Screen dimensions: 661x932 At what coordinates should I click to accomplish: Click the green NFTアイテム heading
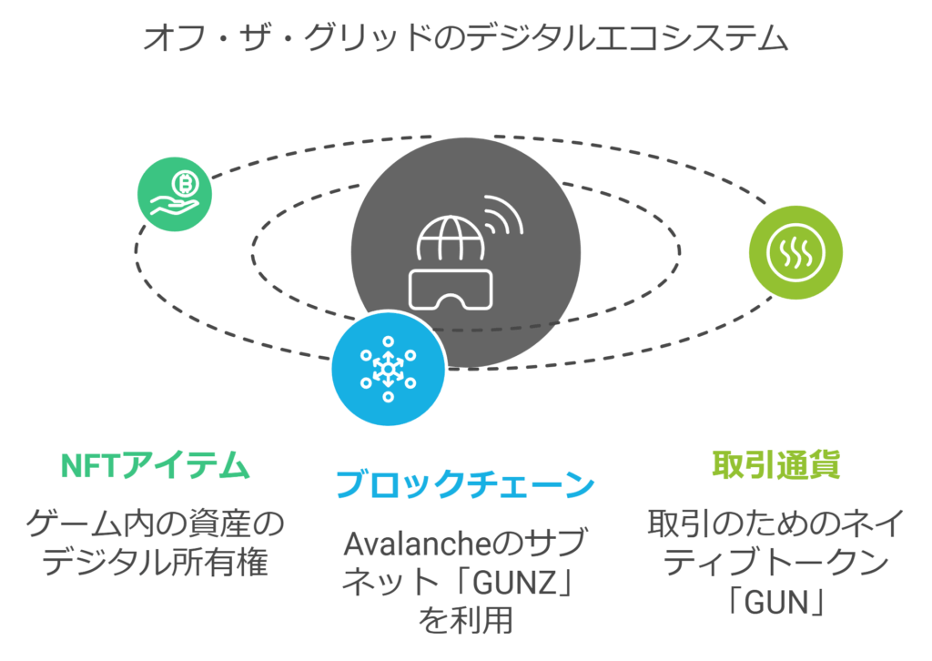pyautogui.click(x=155, y=466)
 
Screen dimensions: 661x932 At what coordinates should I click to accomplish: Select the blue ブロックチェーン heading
pyautogui.click(x=465, y=484)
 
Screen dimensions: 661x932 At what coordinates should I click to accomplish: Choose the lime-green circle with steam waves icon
pyautogui.click(x=795, y=253)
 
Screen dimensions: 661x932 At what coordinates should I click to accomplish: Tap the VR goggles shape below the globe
pyautogui.click(x=452, y=289)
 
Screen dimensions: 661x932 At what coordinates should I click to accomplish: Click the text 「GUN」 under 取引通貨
pyautogui.click(x=775, y=601)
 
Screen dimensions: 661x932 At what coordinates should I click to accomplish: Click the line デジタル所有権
pyautogui.click(x=155, y=562)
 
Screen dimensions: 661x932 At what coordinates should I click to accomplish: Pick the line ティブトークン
pyautogui.click(x=775, y=563)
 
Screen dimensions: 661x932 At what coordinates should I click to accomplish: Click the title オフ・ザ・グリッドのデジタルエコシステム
pyautogui.click(x=465, y=38)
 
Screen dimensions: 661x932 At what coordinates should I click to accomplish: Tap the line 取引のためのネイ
pyautogui.click(x=775, y=524)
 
